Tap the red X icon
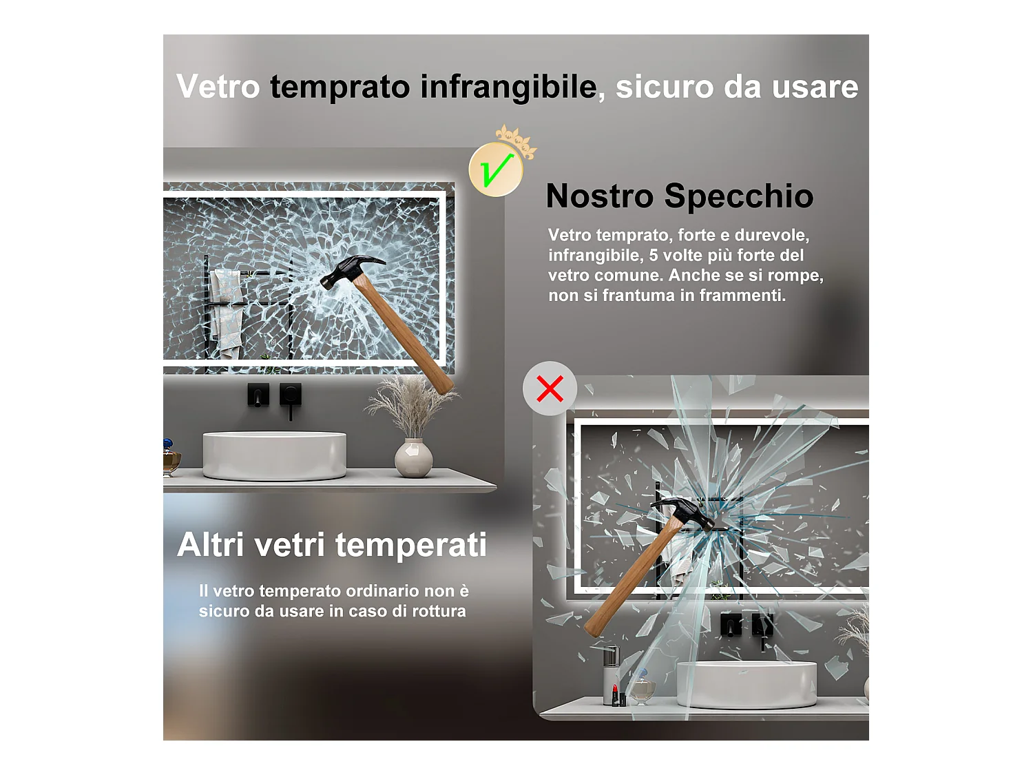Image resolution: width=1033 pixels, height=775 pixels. pyautogui.click(x=550, y=389)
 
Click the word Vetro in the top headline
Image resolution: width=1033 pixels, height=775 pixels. pyautogui.click(x=218, y=87)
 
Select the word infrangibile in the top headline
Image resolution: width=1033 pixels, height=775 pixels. pyautogui.click(x=508, y=87)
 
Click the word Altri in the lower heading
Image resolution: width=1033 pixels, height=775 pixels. pyautogui.click(x=211, y=545)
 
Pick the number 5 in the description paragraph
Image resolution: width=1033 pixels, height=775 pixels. pyautogui.click(x=654, y=256)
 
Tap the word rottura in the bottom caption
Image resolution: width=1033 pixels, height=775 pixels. pyautogui.click(x=438, y=611)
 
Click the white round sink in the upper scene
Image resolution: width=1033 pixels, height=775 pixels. pyautogui.click(x=274, y=455)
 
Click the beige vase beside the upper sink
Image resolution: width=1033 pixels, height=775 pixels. pyautogui.click(x=413, y=457)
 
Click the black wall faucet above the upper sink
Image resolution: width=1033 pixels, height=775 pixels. pyautogui.click(x=290, y=399)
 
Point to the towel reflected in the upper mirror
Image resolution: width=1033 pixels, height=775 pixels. pyautogui.click(x=226, y=310)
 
